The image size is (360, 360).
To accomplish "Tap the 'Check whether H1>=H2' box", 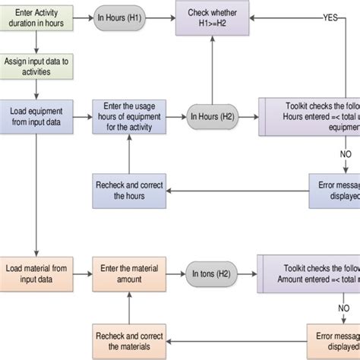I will point(213,17).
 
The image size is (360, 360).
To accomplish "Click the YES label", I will point(331,17).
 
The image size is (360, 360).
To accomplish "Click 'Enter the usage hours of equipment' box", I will point(128,117).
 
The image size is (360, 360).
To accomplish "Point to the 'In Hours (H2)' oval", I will point(213,117).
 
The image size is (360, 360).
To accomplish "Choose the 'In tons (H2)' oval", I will point(213,272).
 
